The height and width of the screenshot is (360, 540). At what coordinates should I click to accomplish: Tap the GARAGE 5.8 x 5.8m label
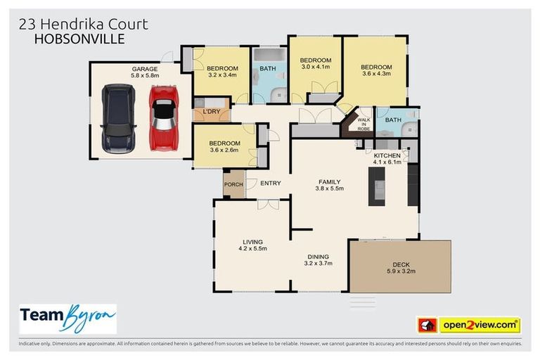(x=146, y=72)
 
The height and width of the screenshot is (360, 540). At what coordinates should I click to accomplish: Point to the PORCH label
(x=233, y=185)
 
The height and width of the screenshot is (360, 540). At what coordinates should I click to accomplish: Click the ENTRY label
(x=271, y=184)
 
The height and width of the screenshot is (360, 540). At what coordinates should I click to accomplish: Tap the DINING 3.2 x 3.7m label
(x=318, y=260)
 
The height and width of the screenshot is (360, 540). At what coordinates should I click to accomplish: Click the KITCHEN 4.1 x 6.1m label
(x=387, y=159)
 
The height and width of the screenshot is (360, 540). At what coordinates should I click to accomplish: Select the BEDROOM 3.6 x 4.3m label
(x=377, y=70)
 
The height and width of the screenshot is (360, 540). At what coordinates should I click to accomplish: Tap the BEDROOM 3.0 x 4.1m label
(x=315, y=64)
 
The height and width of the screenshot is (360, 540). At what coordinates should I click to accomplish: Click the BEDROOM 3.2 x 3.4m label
(x=223, y=72)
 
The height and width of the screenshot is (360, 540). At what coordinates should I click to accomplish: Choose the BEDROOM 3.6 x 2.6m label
(x=224, y=145)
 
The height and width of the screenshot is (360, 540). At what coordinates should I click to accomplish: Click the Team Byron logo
(x=67, y=318)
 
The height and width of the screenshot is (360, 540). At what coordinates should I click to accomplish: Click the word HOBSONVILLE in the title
(x=79, y=40)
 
